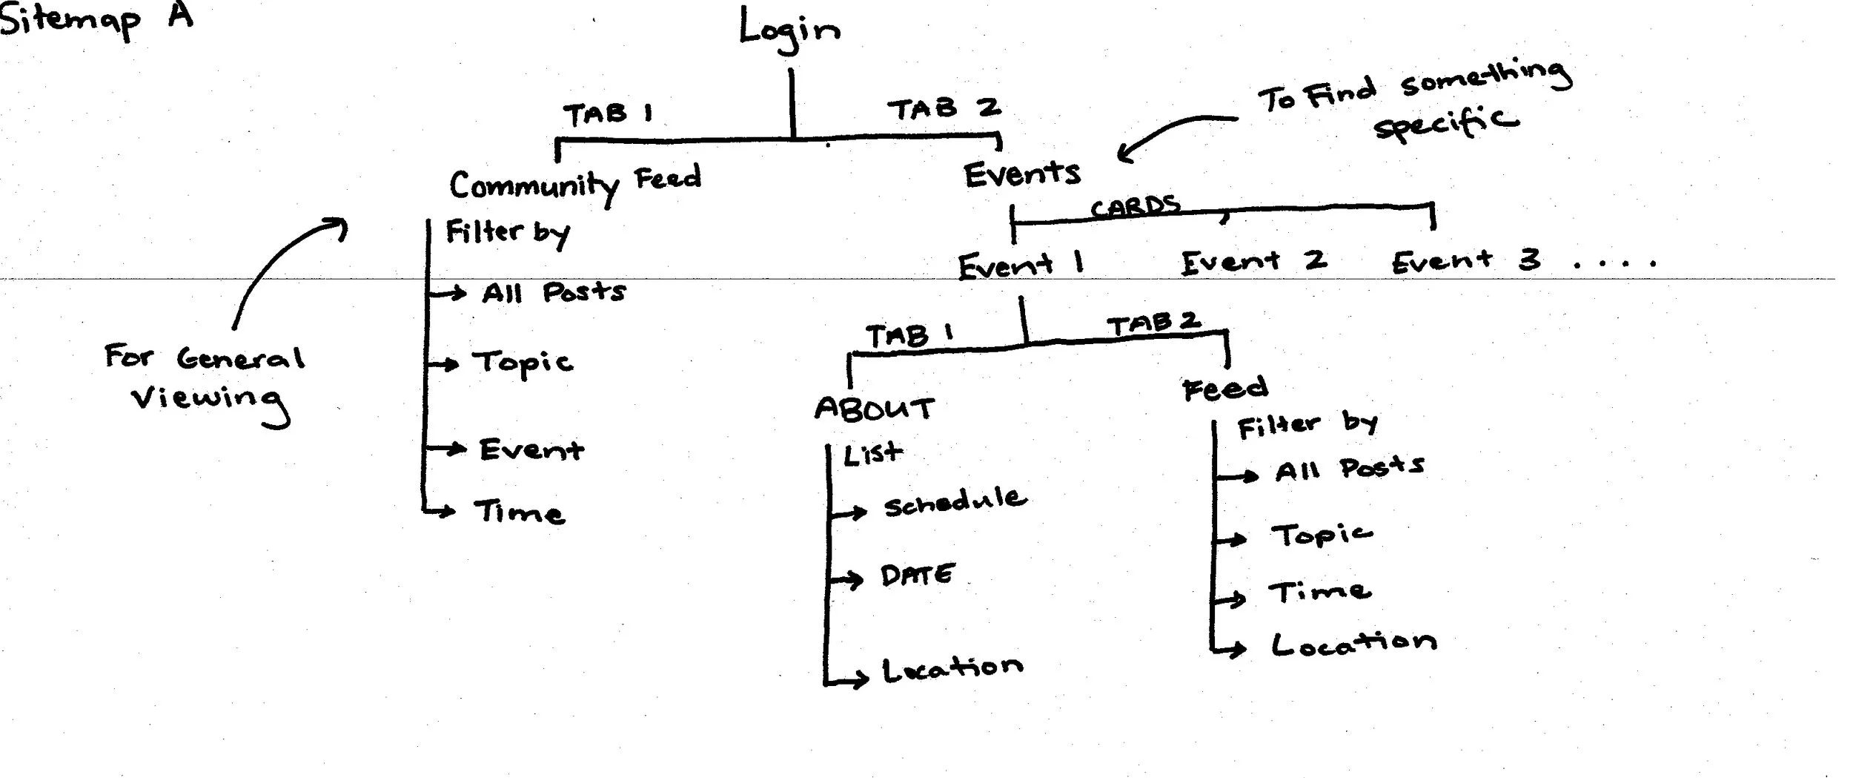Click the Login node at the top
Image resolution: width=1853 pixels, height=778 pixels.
pyautogui.click(x=789, y=31)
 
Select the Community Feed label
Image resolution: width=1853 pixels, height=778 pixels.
pyautogui.click(x=574, y=183)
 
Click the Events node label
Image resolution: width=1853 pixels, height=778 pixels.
pyautogui.click(x=1021, y=174)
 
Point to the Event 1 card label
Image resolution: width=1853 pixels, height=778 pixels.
pyautogui.click(x=1020, y=266)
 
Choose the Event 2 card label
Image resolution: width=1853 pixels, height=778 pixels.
pyautogui.click(x=1253, y=261)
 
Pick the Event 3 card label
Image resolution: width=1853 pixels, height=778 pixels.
pyautogui.click(x=1465, y=260)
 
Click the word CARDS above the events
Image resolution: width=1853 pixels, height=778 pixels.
pyautogui.click(x=1135, y=207)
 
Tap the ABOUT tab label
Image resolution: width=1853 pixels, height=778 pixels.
pyautogui.click(x=874, y=409)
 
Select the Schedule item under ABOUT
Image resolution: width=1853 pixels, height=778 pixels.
pyautogui.click(x=955, y=502)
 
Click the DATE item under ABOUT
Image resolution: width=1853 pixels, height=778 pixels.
pyautogui.click(x=917, y=576)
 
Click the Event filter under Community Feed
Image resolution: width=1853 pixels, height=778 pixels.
pyautogui.click(x=531, y=449)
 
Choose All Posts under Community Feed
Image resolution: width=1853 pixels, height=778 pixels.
pyautogui.click(x=553, y=292)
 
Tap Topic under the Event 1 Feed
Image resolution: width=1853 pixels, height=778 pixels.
pyautogui.click(x=1321, y=535)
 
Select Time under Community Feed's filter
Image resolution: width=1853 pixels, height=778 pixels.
pyautogui.click(x=519, y=512)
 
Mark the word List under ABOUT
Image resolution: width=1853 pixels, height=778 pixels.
pyautogui.click(x=873, y=453)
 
